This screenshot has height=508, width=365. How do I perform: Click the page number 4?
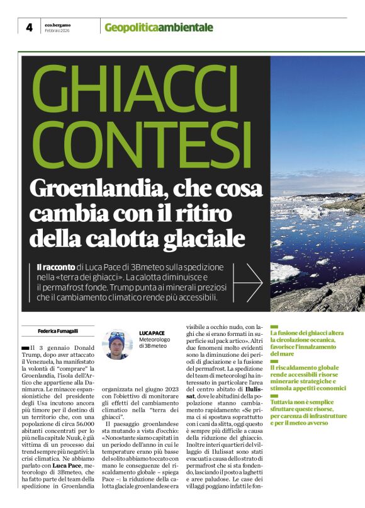pyautogui.click(x=29, y=27)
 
